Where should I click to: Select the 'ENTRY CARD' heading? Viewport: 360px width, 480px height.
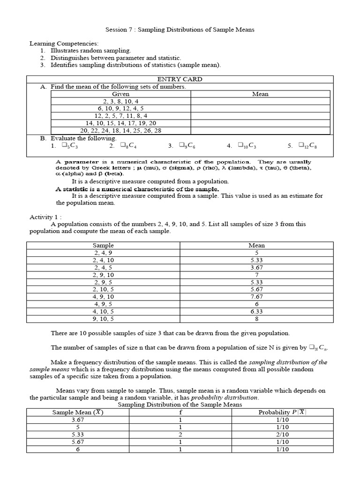tap(180, 79)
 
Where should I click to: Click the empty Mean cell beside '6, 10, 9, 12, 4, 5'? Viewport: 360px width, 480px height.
tap(260, 108)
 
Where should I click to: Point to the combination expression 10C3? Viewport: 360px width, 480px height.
tap(247, 146)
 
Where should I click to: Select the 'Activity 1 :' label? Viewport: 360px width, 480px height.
tap(45, 217)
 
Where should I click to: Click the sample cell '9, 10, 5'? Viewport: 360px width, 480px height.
tap(103, 319)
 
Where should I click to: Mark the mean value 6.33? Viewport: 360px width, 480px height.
tap(257, 311)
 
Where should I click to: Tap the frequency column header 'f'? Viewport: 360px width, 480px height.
tap(180, 412)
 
